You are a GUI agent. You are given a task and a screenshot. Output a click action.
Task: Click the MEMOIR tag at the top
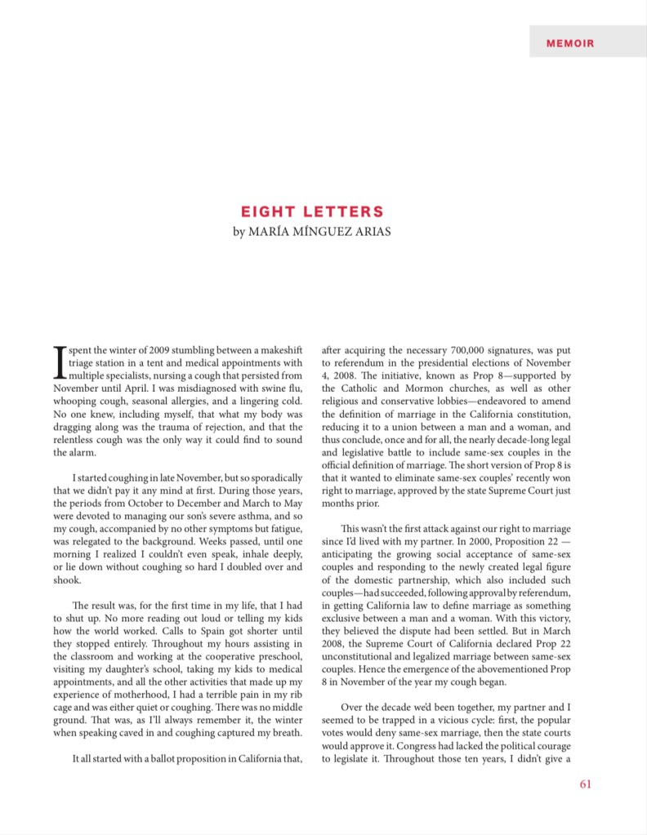[570, 43]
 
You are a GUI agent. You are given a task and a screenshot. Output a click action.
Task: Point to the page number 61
[584, 785]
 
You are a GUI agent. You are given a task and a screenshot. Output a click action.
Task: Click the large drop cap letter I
[59, 360]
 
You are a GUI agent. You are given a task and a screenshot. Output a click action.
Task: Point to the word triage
[69, 362]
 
